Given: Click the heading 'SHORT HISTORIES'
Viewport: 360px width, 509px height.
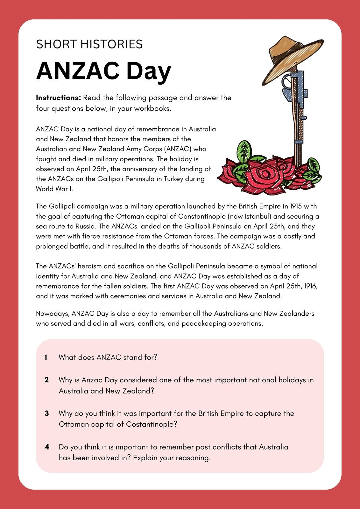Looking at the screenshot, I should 89,44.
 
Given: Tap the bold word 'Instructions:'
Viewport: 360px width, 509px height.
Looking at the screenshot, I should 59,98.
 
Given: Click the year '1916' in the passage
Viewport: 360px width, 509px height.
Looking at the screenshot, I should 310,286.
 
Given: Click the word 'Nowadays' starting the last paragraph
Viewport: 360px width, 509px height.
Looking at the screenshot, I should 52,314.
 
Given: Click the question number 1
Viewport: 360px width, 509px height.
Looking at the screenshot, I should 46,358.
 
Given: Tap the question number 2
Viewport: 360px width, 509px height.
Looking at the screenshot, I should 46,380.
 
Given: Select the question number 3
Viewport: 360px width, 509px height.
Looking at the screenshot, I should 46,414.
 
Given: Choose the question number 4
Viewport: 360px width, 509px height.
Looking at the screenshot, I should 47,447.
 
